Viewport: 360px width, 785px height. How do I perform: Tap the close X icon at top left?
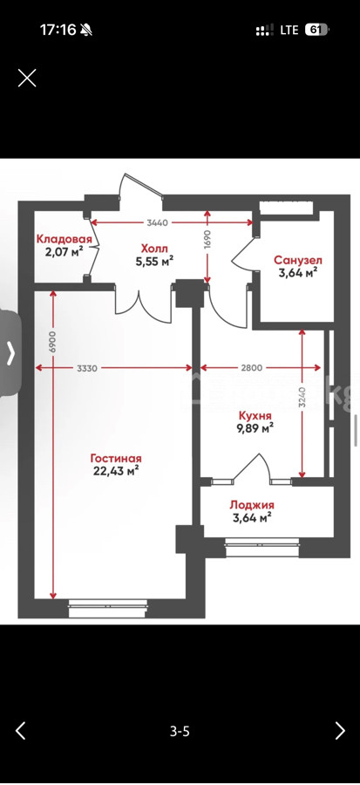click(x=27, y=78)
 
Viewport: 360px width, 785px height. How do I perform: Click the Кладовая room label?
click(x=64, y=239)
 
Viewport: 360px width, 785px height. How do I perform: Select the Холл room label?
click(x=154, y=249)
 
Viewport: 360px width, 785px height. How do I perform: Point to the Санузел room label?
click(x=298, y=260)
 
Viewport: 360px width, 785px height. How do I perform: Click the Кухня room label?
click(x=255, y=416)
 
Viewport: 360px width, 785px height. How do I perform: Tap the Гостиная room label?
click(x=116, y=458)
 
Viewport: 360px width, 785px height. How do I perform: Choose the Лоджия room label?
click(x=252, y=505)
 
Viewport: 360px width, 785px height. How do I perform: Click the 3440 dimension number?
click(x=158, y=222)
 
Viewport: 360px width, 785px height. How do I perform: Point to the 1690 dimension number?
click(x=208, y=240)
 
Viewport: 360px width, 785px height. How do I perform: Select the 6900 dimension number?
click(x=53, y=343)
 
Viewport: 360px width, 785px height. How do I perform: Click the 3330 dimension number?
click(x=87, y=368)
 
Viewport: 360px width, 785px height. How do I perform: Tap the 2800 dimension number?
click(x=252, y=368)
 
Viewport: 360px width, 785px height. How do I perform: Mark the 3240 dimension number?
click(x=302, y=398)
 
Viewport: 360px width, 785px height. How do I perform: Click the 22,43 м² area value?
click(x=116, y=470)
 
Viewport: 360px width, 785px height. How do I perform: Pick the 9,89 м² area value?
click(x=255, y=427)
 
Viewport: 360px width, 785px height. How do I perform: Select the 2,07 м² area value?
click(x=64, y=251)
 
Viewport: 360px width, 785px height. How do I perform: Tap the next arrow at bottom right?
click(x=340, y=731)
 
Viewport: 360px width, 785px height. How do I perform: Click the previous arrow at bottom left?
click(x=20, y=731)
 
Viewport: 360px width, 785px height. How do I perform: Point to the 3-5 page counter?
click(x=180, y=732)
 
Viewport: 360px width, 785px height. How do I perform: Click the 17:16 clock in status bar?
click(x=58, y=30)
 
